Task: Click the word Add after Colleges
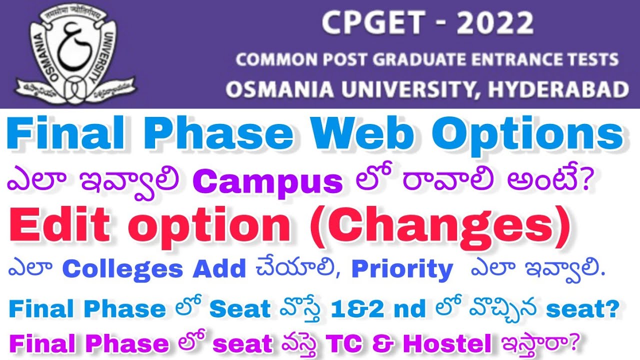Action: pyautogui.click(x=219, y=269)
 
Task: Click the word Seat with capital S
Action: pyautogui.click(x=240, y=309)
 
